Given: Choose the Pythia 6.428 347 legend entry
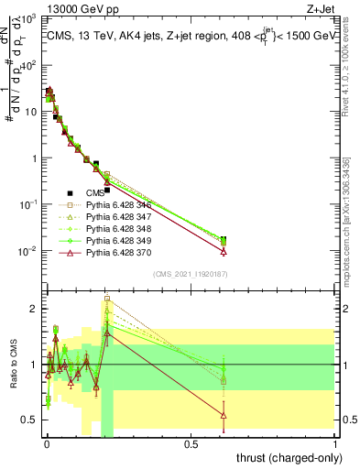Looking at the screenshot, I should [x=117, y=215].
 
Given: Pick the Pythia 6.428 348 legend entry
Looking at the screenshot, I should [x=117, y=227].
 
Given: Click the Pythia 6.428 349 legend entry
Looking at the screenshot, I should [x=117, y=239].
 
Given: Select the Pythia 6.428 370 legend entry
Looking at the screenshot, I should [x=117, y=251].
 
